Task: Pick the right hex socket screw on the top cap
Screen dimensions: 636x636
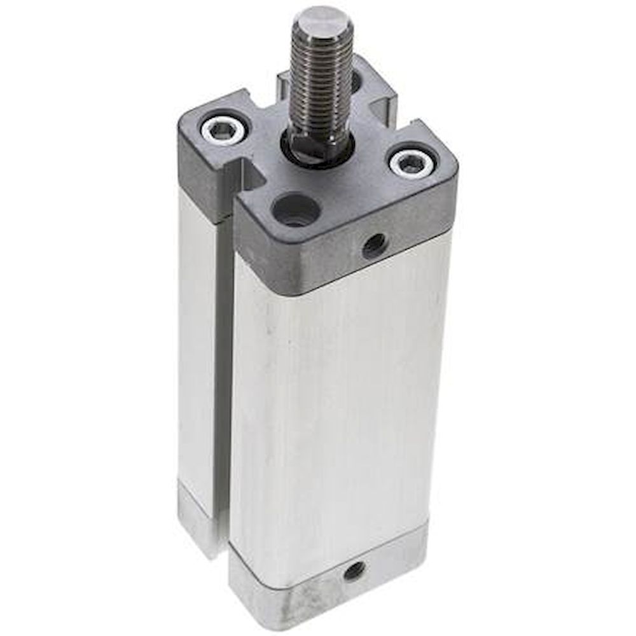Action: (x=410, y=163)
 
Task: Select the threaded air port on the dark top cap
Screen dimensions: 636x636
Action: (x=374, y=244)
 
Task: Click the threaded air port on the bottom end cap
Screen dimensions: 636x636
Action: (x=354, y=570)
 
